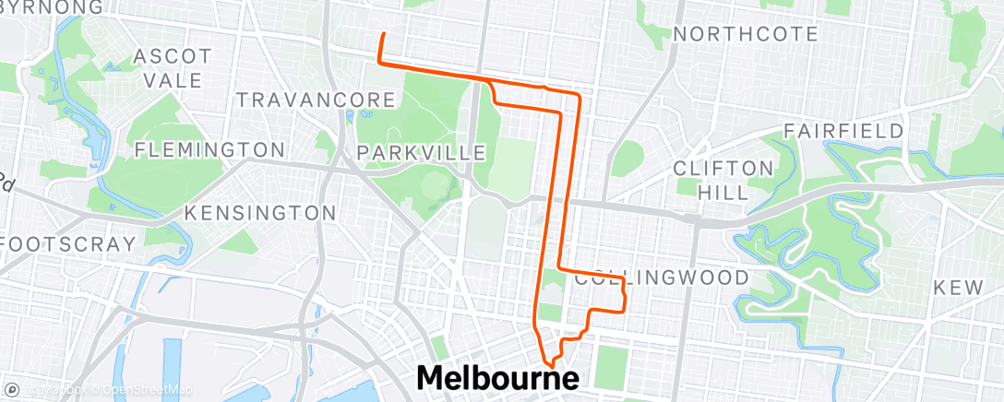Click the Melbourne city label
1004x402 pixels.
coord(498,378)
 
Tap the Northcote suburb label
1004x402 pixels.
coord(746,34)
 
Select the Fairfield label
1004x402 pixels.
coord(843,131)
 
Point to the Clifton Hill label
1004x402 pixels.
coord(723,179)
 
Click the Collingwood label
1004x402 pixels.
coord(661,278)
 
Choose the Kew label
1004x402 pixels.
coord(958,288)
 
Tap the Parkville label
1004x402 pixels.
coord(421,151)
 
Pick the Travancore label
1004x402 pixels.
coord(317,99)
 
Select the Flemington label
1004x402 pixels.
coord(210,149)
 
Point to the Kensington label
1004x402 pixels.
coord(259,213)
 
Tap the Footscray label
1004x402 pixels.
coord(68,244)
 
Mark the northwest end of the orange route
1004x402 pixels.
coord(382,34)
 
